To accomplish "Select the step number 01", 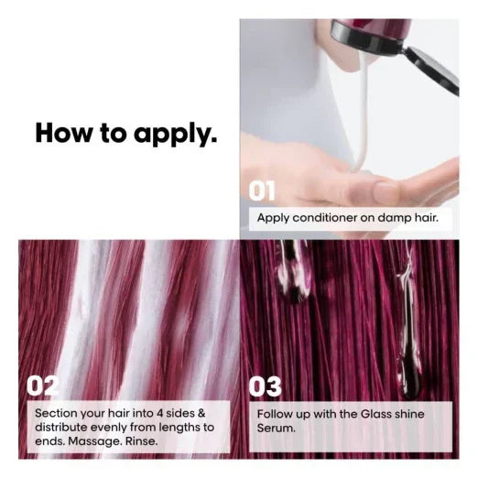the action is tap(262, 190).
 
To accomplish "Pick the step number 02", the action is tap(42, 386).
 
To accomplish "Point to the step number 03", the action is tap(265, 386).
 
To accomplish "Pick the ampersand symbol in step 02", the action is tap(201, 413).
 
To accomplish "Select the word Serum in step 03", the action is tap(276, 428).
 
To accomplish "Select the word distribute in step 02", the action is tap(61, 428).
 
